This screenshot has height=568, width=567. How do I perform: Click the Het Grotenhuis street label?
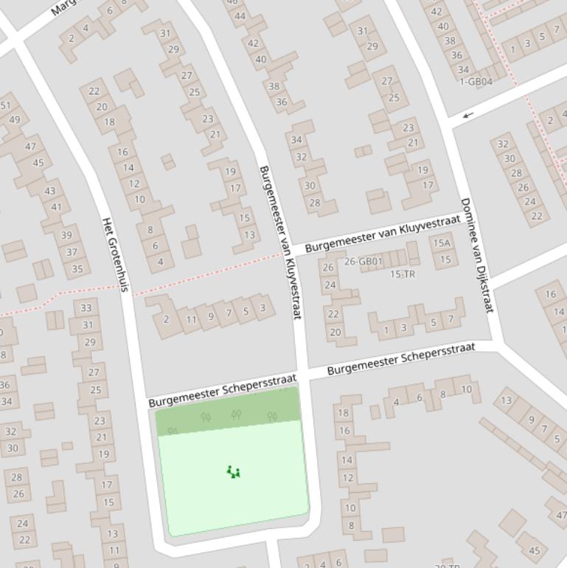[115, 254]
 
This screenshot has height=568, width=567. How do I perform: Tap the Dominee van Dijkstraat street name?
[476, 255]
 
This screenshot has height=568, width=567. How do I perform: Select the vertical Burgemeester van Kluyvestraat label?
[281, 242]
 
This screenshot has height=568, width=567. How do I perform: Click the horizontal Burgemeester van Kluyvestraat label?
[382, 233]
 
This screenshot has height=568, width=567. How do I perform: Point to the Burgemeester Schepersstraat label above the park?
[222, 390]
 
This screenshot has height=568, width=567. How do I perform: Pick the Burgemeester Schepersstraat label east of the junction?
[401, 358]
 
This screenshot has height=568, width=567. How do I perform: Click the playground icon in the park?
[234, 472]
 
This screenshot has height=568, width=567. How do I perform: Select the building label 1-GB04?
[476, 82]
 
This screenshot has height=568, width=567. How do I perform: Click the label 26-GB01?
[363, 261]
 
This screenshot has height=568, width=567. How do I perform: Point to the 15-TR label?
[402, 274]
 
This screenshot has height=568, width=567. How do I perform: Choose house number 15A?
[442, 243]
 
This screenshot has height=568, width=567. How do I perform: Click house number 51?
[6, 105]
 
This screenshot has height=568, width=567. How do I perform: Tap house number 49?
[14, 120]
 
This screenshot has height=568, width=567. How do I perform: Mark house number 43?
[49, 190]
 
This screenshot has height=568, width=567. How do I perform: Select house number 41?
[56, 207]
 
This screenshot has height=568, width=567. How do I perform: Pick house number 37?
[72, 252]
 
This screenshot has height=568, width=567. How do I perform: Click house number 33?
[86, 308]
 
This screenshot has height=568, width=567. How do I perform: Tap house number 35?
[77, 269]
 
